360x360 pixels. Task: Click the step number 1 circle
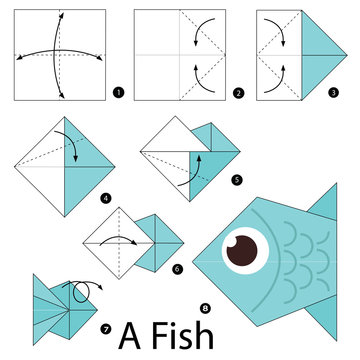[x=119, y=94]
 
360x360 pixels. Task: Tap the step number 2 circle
[x=237, y=94]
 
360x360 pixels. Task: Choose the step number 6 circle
[x=178, y=268]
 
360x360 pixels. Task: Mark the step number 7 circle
[x=106, y=329]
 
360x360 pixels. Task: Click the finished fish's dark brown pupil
[x=241, y=251]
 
